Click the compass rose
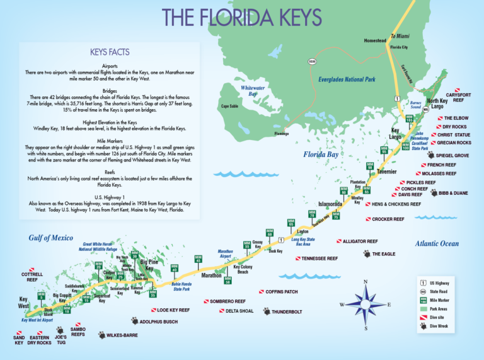(365, 305)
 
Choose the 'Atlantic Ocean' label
(437, 244)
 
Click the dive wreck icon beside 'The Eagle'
(366, 253)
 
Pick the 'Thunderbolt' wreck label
(287, 311)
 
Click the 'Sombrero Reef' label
(227, 301)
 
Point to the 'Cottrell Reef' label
(32, 277)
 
